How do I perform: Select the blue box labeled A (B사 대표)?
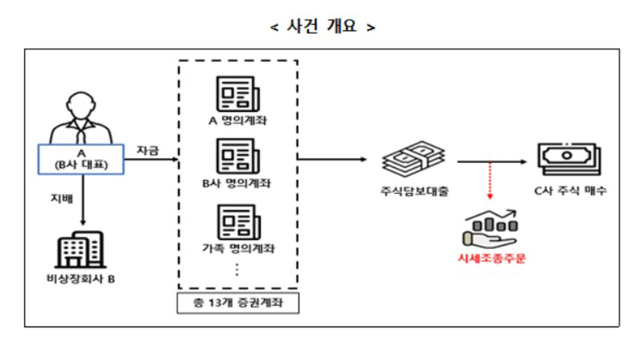(80, 158)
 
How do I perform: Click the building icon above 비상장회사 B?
(80, 248)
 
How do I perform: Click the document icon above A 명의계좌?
(237, 93)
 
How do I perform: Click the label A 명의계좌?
(237, 120)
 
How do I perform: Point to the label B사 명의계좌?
(236, 183)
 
